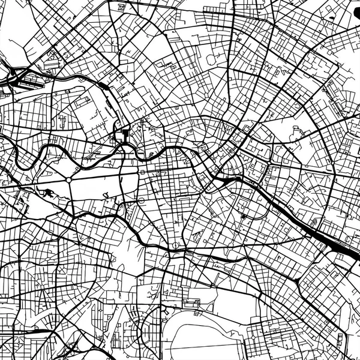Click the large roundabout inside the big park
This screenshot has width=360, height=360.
pyautogui.click(x=70, y=179)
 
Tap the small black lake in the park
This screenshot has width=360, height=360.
pyautogui.click(x=46, y=192)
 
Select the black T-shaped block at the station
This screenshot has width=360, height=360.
pyautogui.click(x=124, y=134)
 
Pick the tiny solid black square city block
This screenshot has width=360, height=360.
pyautogui.click(x=244, y=216)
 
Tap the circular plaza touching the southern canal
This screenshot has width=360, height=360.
pyautogui.click(x=175, y=247)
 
